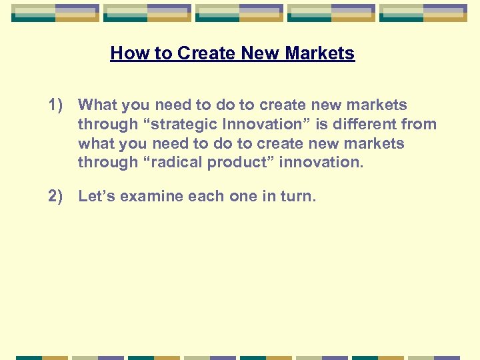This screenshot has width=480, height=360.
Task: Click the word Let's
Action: (x=97, y=196)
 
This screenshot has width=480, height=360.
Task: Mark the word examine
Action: (x=151, y=196)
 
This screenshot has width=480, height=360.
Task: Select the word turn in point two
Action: (x=298, y=196)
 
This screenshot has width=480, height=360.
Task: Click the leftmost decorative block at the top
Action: (x=55, y=13)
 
